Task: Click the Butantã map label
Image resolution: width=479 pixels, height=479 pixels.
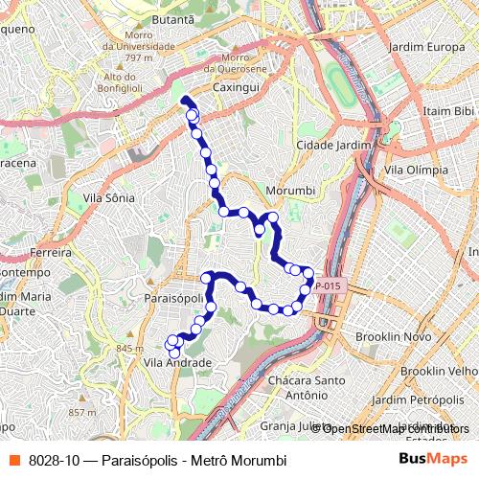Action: point(172,18)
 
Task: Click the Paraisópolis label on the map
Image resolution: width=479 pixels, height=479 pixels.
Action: point(173,298)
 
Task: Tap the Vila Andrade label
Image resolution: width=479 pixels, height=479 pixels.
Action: point(177,363)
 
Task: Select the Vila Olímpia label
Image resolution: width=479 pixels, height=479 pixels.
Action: point(416,170)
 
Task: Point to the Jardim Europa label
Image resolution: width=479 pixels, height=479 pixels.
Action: point(427,46)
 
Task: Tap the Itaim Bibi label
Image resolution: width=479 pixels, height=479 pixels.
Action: point(449,111)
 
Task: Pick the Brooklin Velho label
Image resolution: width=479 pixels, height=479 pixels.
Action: point(439,371)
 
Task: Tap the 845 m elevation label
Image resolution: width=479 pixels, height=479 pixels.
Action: point(127,349)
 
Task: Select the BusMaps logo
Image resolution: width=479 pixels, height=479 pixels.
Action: point(433,460)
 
